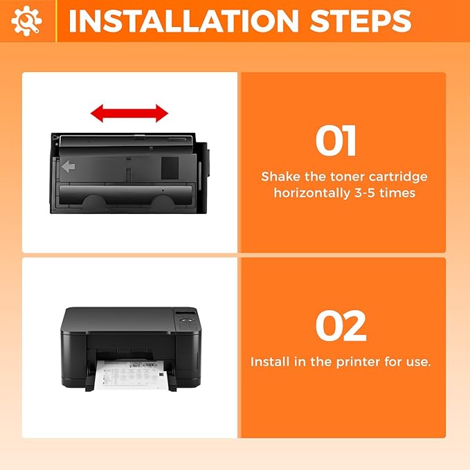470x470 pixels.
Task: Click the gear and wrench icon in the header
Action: pyautogui.click(x=27, y=21)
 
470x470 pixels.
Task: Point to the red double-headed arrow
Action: pyautogui.click(x=129, y=113)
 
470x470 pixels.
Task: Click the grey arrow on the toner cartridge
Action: pyautogui.click(x=69, y=166)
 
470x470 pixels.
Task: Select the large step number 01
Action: pyautogui.click(x=336, y=141)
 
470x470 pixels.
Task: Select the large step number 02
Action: pyautogui.click(x=341, y=326)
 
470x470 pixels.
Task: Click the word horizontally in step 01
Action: pyautogui.click(x=310, y=193)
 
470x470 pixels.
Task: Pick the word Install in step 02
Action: pyautogui.click(x=269, y=362)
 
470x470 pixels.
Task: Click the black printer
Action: pyautogui.click(x=131, y=343)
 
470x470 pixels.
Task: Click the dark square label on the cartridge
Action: pyautogui.click(x=170, y=166)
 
